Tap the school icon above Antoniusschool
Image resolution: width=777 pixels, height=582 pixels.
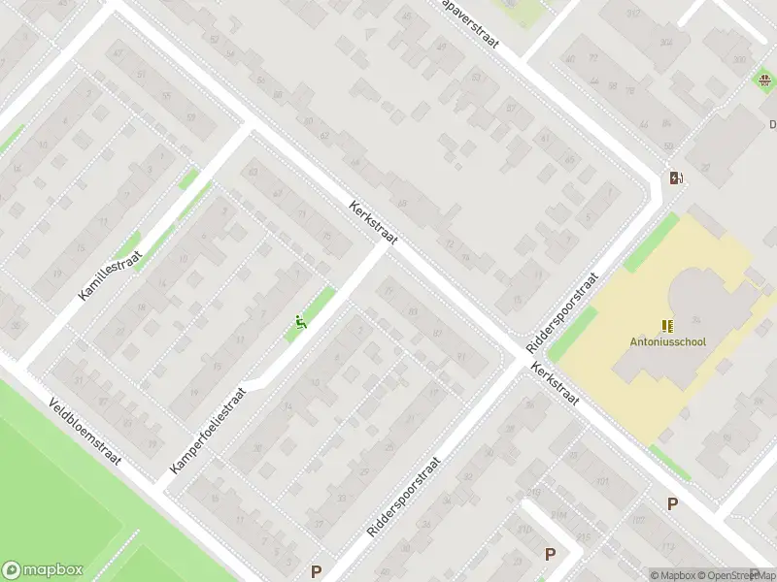[667, 325]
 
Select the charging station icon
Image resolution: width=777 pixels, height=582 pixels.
[676, 178]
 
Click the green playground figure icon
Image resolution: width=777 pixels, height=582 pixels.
[301, 323]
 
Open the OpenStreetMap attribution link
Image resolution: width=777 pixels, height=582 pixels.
[733, 575]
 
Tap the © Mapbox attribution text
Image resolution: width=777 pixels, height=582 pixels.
[674, 575]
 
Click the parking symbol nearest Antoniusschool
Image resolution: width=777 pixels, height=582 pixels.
[671, 503]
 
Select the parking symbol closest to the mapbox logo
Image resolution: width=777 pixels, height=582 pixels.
[315, 572]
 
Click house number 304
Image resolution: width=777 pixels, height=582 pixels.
[666, 43]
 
